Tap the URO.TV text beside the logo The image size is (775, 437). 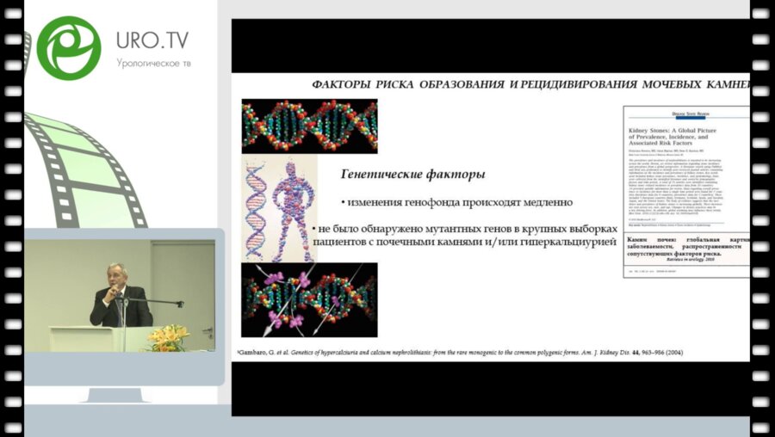pyautogui.click(x=152, y=40)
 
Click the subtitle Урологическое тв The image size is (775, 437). pyautogui.click(x=153, y=63)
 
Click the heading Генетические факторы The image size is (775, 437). pyautogui.click(x=412, y=175)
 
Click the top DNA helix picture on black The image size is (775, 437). pyautogui.click(x=309, y=126)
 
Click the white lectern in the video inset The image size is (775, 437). pyautogui.click(x=86, y=338)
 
